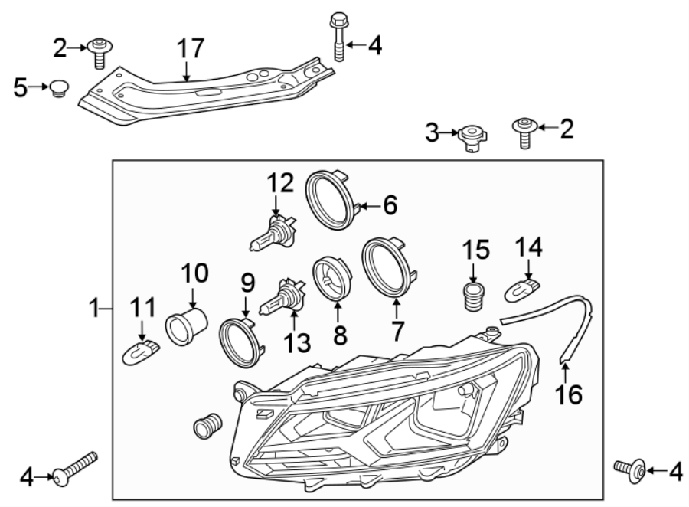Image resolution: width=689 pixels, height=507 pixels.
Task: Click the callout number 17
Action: point(191,49)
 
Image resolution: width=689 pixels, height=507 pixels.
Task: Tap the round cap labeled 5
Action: point(58,89)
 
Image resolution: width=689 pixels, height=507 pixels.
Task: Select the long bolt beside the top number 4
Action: point(338,38)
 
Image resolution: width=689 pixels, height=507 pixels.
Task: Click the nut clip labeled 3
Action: point(471,139)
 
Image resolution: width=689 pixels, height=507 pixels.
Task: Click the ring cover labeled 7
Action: point(389,267)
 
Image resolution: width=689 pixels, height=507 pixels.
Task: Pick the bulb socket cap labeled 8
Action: point(331,280)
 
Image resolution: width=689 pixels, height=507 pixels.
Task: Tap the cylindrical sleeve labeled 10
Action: point(187,327)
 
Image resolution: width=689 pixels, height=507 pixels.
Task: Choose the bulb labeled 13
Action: point(281,299)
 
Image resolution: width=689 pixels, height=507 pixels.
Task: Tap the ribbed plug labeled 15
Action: point(475,295)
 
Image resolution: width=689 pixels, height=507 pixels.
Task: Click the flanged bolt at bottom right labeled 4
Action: point(632,468)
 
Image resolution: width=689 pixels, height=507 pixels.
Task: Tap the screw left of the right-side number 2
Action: point(524,132)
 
